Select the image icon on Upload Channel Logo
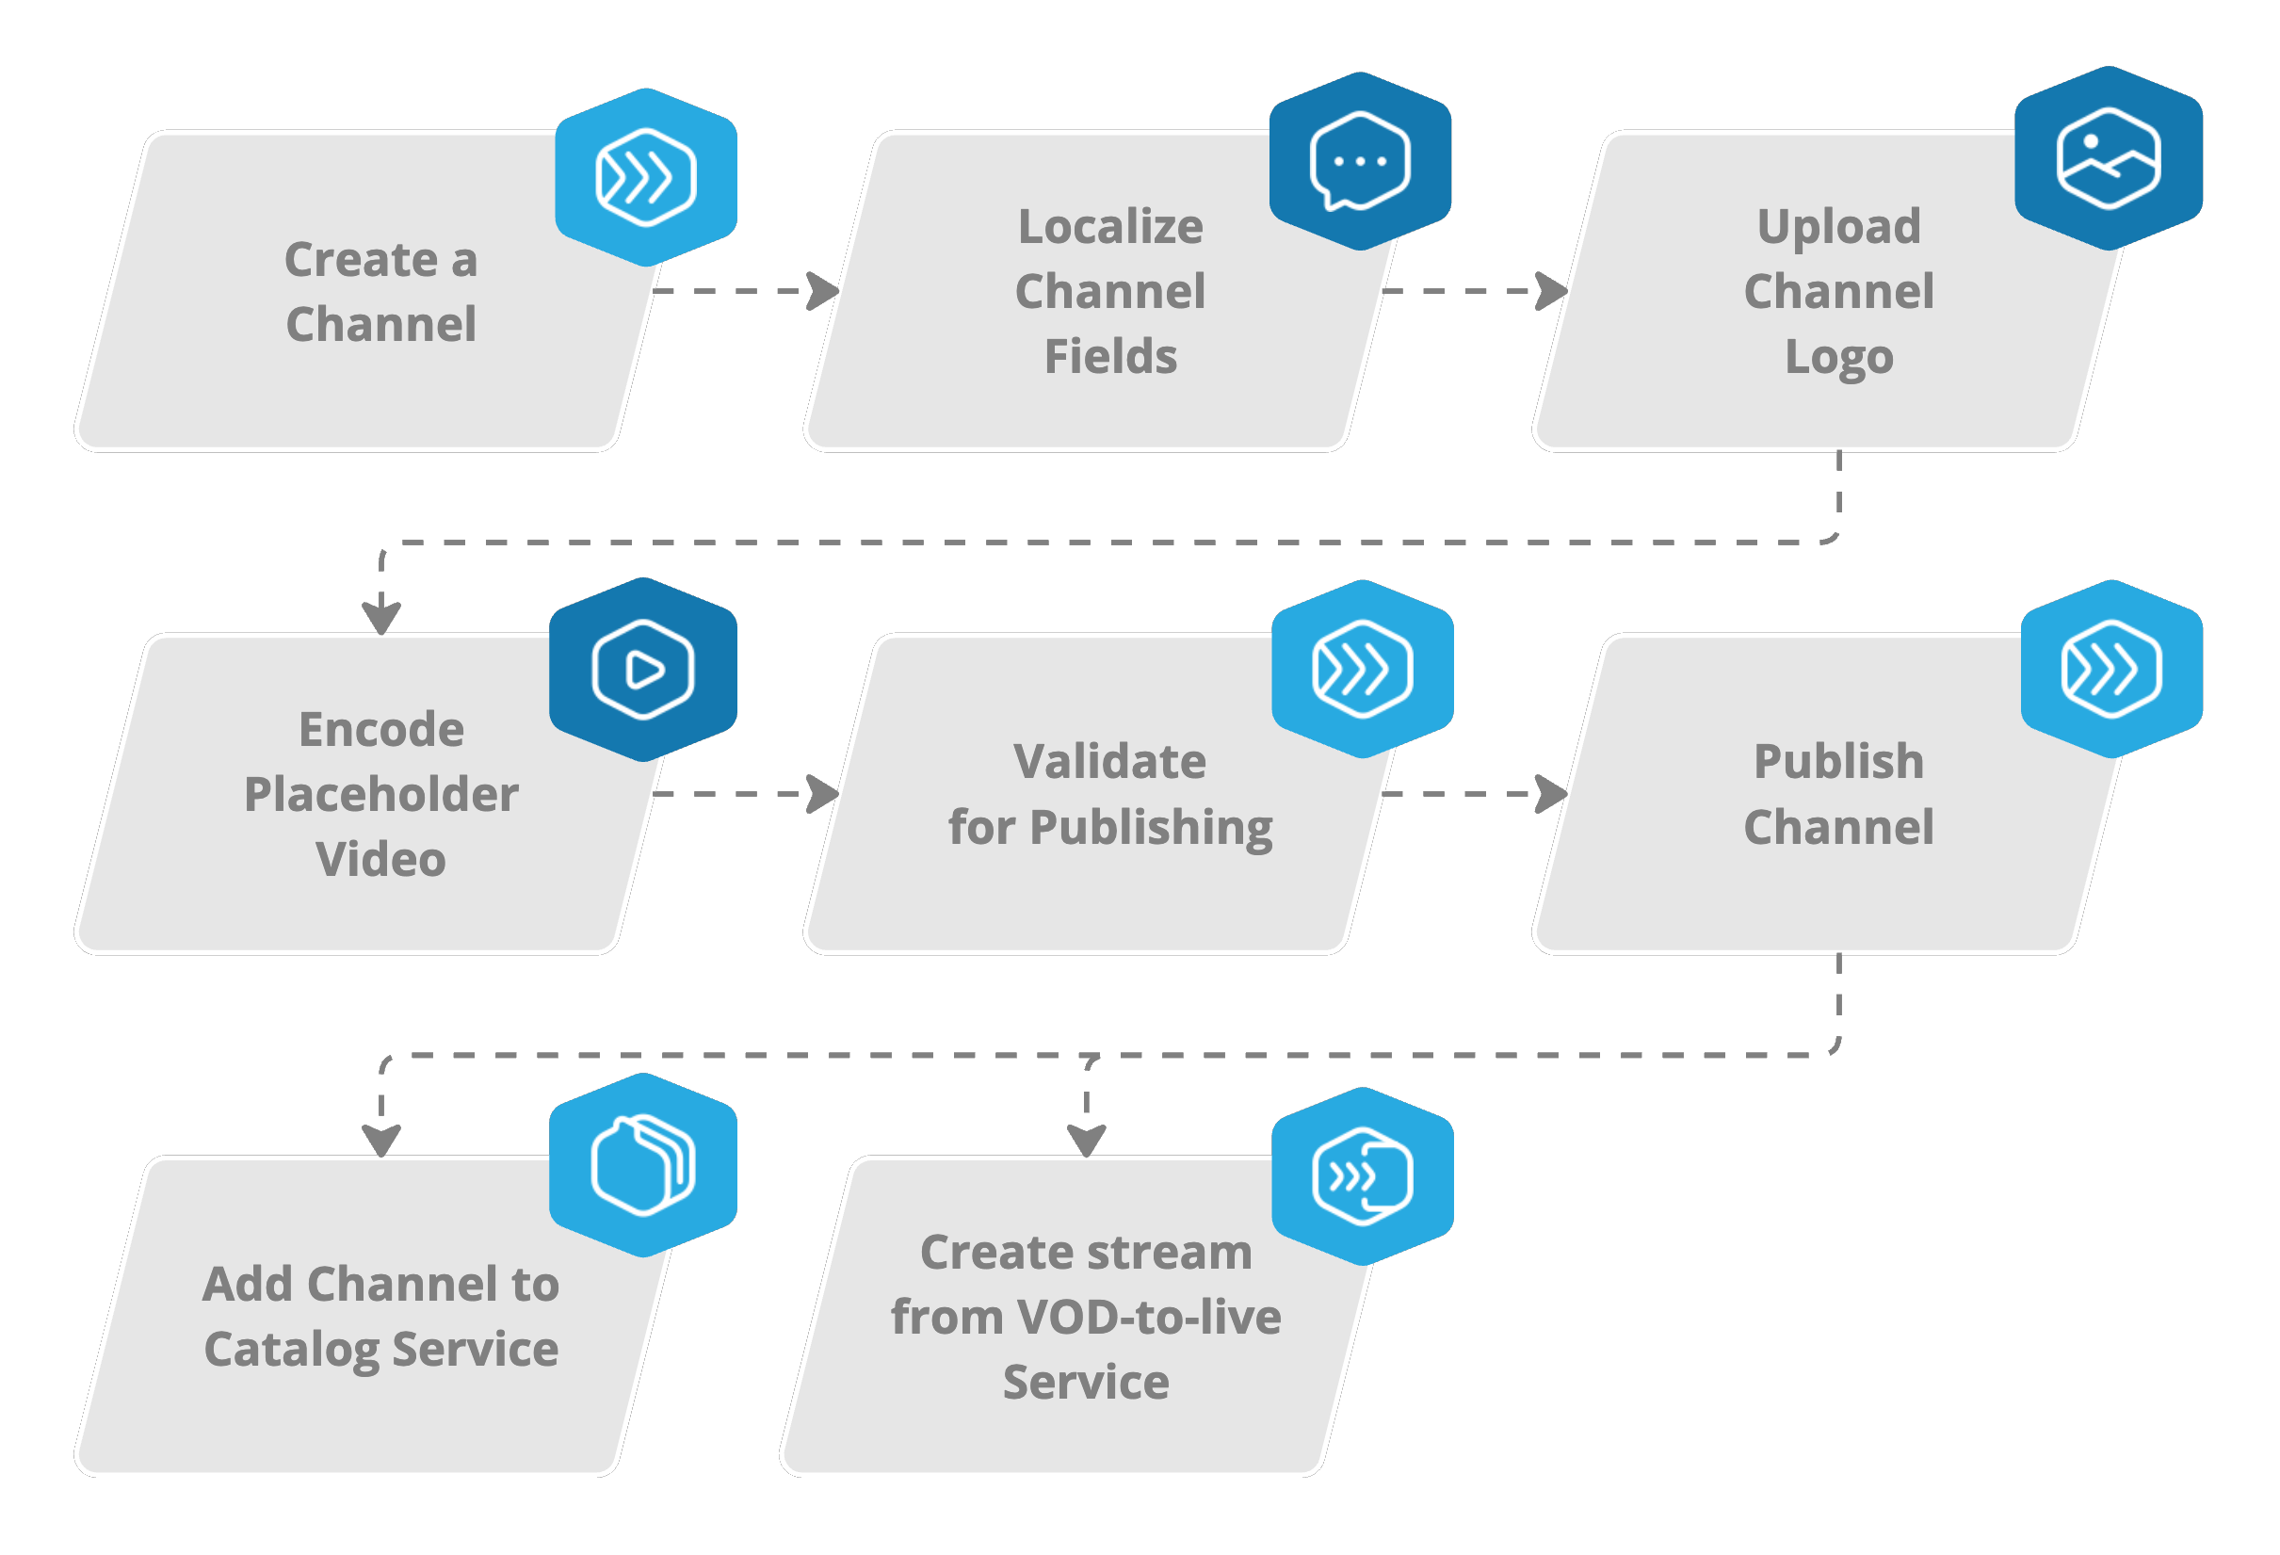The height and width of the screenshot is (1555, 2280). pyautogui.click(x=2108, y=159)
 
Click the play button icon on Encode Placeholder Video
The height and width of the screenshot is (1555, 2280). pyautogui.click(x=642, y=670)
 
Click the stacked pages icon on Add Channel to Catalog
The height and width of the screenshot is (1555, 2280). pyautogui.click(x=642, y=1165)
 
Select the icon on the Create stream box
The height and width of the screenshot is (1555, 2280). pyautogui.click(x=1362, y=1176)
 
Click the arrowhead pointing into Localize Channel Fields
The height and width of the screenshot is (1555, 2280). pyautogui.click(x=822, y=291)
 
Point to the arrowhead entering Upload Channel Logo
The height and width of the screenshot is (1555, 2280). pyautogui.click(x=1551, y=291)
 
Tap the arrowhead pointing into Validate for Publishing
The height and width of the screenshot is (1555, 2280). pyautogui.click(x=822, y=794)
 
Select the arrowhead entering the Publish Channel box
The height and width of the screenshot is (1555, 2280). pyautogui.click(x=1551, y=794)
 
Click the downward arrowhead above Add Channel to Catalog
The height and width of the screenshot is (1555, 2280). pyautogui.click(x=381, y=1140)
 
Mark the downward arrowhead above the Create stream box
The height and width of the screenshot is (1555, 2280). pyautogui.click(x=1086, y=1140)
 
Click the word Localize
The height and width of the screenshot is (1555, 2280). pyautogui.click(x=1109, y=227)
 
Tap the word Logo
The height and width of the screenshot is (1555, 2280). pyautogui.click(x=1838, y=357)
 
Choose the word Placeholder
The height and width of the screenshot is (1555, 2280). pyautogui.click(x=380, y=794)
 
